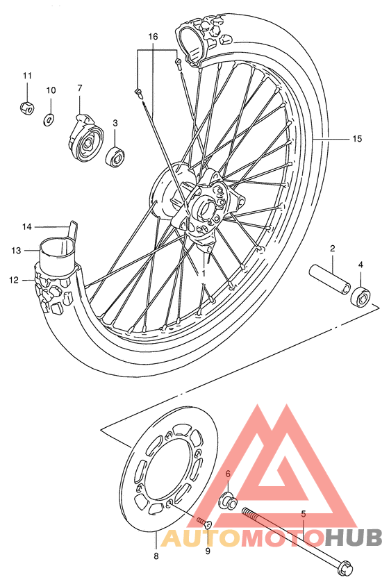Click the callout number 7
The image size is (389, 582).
(80, 88)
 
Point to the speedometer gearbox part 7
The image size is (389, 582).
(88, 140)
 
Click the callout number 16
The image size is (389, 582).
(153, 36)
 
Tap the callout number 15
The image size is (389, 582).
(357, 139)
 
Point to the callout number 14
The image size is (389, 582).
(27, 226)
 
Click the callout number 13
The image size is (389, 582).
(15, 250)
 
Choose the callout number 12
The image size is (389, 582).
(13, 280)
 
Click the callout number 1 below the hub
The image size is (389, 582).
(204, 274)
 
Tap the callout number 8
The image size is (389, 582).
(156, 556)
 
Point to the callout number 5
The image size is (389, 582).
(303, 515)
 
